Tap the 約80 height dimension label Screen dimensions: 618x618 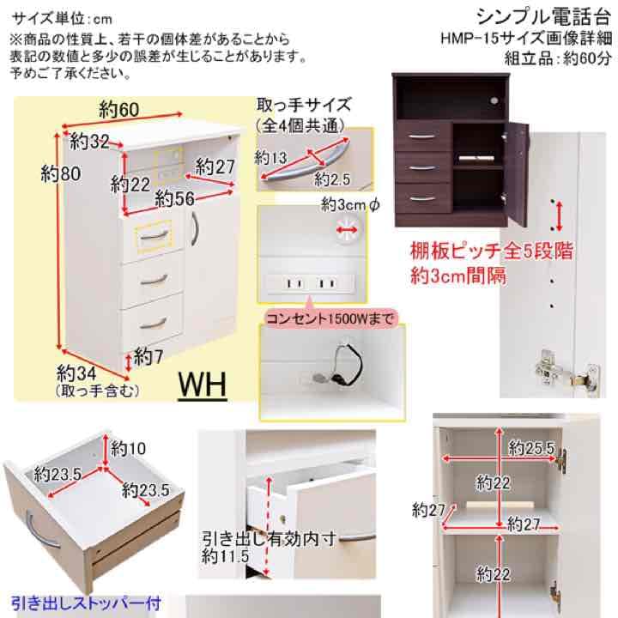tap(60, 173)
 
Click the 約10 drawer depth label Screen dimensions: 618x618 tap(130, 447)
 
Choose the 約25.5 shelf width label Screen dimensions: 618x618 tap(530, 447)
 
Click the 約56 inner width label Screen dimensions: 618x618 tap(174, 198)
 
